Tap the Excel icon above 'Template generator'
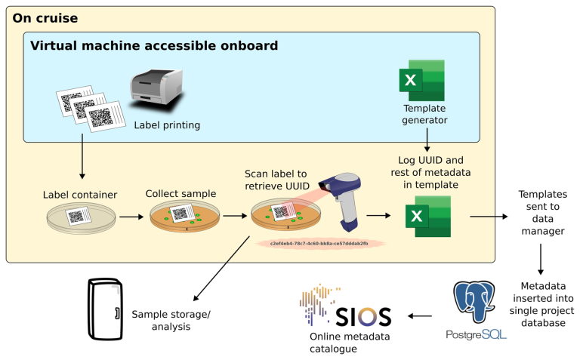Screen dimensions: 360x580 [421, 81]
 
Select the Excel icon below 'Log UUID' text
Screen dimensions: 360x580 [428, 217]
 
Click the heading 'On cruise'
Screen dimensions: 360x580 [45, 17]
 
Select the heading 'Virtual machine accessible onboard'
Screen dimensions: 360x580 [153, 45]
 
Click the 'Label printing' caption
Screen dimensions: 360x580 [167, 125]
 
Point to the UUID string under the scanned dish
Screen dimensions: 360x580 [319, 244]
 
